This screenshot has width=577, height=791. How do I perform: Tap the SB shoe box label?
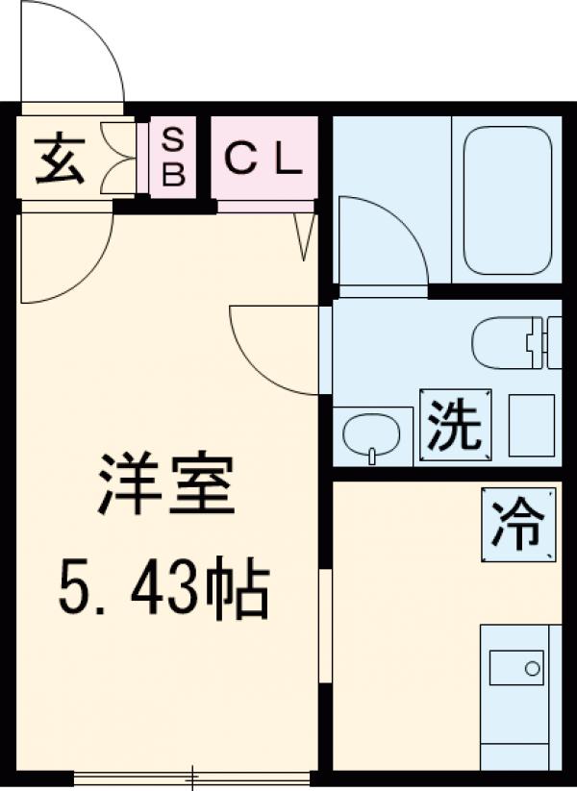coord(174,159)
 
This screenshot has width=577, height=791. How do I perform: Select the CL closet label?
coord(263,160)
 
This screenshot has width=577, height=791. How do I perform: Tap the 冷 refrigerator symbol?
coord(518,524)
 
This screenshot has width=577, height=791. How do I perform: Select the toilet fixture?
coord(514,341)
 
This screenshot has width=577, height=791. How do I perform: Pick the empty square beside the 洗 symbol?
coord(531,424)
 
